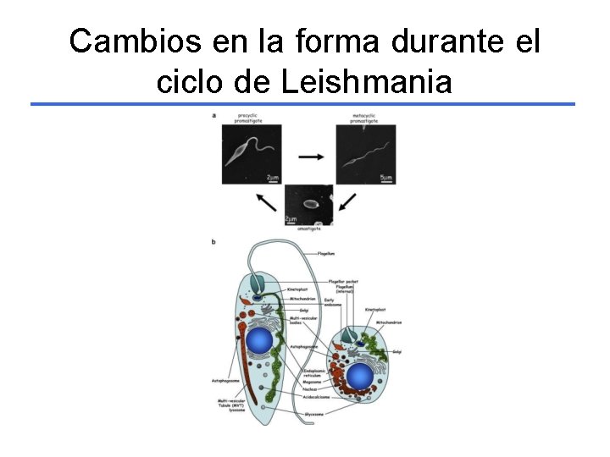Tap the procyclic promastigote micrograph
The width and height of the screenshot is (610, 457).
(x=252, y=154)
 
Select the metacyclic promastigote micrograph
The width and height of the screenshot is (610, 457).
(x=366, y=154)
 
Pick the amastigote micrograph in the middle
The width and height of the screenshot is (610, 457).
(x=308, y=204)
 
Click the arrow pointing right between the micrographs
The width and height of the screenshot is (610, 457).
(x=311, y=157)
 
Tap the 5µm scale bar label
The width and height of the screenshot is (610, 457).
(x=385, y=178)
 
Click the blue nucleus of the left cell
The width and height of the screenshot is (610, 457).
(x=258, y=341)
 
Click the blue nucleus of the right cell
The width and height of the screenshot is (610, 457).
(x=359, y=376)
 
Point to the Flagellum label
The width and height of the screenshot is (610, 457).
(x=326, y=252)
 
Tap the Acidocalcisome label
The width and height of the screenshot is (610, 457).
(x=331, y=394)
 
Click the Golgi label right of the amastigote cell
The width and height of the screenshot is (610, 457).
(x=396, y=351)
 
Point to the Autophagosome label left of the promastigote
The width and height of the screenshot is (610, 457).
(x=225, y=381)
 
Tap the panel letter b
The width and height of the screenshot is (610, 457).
(x=213, y=243)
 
